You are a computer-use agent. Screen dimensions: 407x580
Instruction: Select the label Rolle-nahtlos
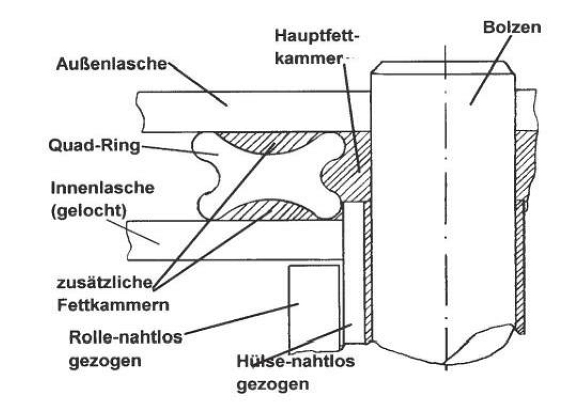click(x=126, y=338)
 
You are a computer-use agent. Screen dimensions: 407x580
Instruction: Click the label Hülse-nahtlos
click(x=295, y=361)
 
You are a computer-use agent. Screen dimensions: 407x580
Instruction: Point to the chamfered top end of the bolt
click(x=443, y=68)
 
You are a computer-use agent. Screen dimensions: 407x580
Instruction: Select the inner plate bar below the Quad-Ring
click(x=230, y=240)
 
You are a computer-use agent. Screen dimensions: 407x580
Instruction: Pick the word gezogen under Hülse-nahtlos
click(x=272, y=384)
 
